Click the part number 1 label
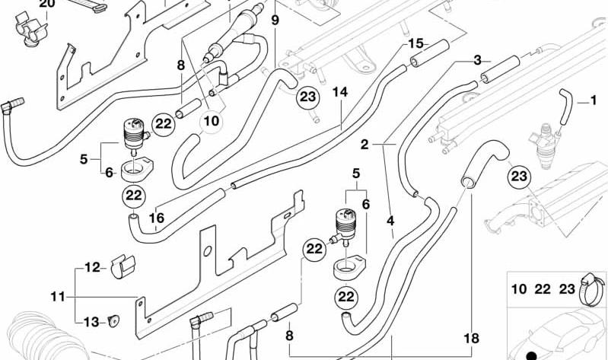coord(594,101)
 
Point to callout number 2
coord(364,145)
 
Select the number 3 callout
coord(477,61)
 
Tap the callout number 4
coord(390,221)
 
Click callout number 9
coord(275,21)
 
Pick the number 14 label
coord(340,92)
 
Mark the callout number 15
coord(415,43)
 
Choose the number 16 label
coord(157,218)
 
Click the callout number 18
coord(472,338)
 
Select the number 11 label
coord(58,297)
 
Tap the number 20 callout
coord(47,4)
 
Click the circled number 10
coord(212,122)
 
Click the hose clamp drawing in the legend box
coord(592,289)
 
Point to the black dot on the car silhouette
coord(532,355)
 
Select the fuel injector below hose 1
coord(545,146)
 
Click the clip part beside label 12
coord(123,266)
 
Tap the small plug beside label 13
coord(113,320)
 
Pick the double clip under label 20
coord(31,29)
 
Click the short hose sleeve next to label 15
coord(429,53)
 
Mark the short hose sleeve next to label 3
coord(500,69)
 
